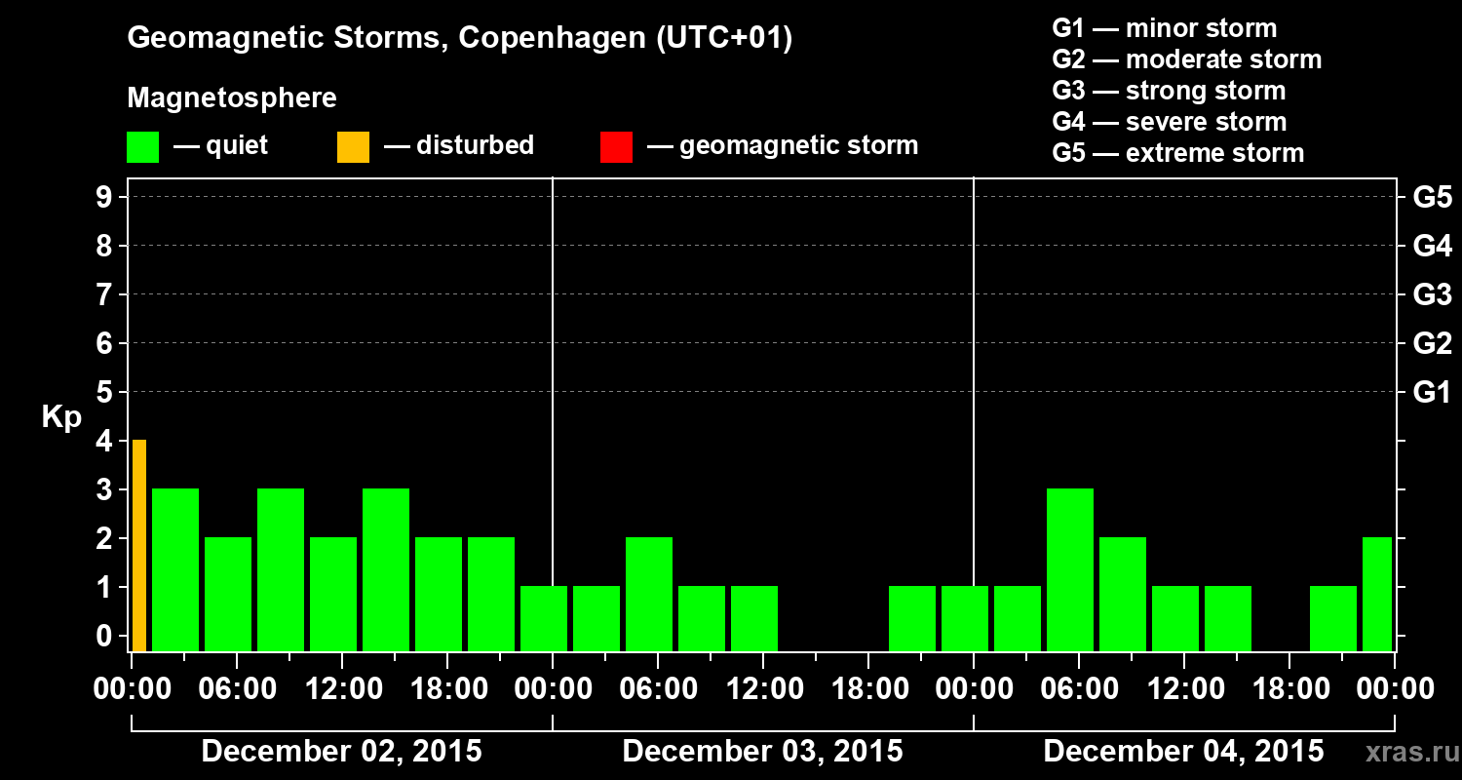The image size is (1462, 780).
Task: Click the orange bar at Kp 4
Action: pos(139,546)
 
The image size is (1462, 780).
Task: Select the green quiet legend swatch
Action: pos(142,147)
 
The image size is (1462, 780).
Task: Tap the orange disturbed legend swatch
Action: pos(353,147)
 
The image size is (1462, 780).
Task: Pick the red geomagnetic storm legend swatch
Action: pos(616,147)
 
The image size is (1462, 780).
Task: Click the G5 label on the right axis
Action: pos(1432,197)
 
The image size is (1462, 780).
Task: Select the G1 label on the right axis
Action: pos(1432,392)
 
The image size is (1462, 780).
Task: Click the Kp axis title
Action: pos(61,417)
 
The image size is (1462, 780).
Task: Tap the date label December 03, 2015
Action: pos(762,752)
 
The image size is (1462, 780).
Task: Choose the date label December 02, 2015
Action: pos(341,752)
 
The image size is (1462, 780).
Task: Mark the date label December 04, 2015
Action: pos(1183,752)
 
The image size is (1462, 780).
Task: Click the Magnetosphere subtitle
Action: pos(232,98)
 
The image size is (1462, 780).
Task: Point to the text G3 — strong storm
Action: pos(1169,91)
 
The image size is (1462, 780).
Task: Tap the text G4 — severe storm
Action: pos(1169,122)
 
